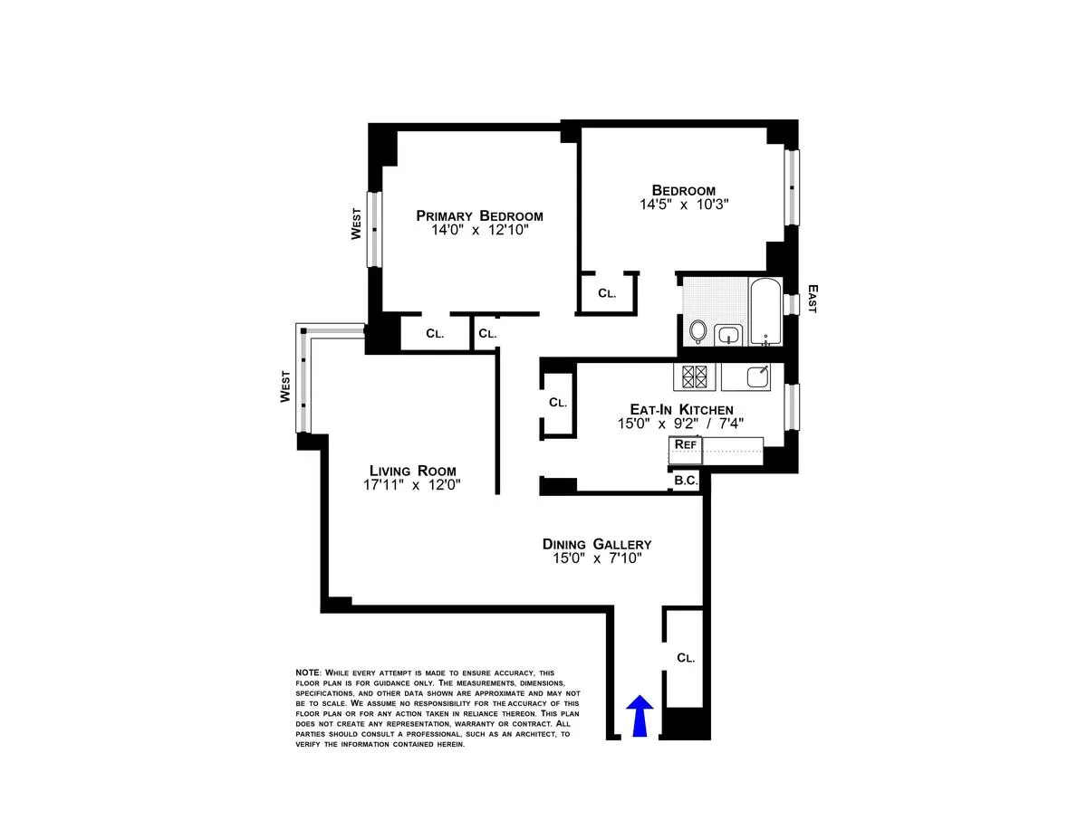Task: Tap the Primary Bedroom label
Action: pos(479,215)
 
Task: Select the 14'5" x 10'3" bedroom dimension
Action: pos(684,205)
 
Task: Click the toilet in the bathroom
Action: pos(697,332)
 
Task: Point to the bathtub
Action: pos(766,312)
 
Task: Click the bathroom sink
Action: pos(727,336)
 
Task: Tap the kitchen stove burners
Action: pos(694,376)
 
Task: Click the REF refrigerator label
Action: pos(685,444)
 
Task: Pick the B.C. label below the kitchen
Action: pos(686,481)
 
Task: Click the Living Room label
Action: pos(412,471)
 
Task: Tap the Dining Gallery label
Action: pos(597,544)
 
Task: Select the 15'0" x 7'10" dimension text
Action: pos(597,558)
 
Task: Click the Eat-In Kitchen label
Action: pos(681,409)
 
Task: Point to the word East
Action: pos(812,299)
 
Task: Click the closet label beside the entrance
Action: pos(686,658)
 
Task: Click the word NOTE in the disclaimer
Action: pos(307,672)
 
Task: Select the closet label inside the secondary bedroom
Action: pos(607,293)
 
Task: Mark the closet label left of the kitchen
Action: pos(557,403)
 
